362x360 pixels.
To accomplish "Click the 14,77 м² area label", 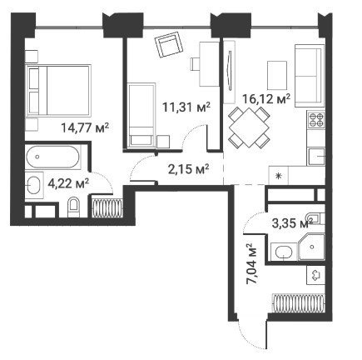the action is [x=85, y=128].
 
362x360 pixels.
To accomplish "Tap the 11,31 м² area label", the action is [x=186, y=107].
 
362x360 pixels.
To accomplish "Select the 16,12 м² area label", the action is [x=266, y=98].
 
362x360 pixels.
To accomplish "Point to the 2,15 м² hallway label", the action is [x=189, y=169].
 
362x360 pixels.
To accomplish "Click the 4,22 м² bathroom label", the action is [x=68, y=183].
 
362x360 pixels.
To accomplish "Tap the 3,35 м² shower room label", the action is [x=292, y=223].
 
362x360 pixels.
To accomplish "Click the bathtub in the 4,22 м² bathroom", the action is [x=52, y=157].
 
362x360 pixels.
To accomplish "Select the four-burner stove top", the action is [x=316, y=119].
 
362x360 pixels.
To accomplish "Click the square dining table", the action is [x=249, y=127].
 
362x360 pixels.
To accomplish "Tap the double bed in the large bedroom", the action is [x=58, y=90].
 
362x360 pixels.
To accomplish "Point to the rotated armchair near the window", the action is [x=169, y=45].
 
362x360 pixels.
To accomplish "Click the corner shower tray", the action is [x=311, y=247].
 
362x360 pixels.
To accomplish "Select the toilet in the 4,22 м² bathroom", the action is [x=73, y=207].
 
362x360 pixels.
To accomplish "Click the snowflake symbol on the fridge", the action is [x=279, y=176].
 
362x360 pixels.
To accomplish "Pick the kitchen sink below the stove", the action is [x=316, y=157].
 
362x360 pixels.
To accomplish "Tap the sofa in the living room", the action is [x=310, y=76].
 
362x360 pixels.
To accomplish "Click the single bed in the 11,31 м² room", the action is [x=141, y=114].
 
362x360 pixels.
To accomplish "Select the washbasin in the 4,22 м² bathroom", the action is [x=34, y=185].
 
